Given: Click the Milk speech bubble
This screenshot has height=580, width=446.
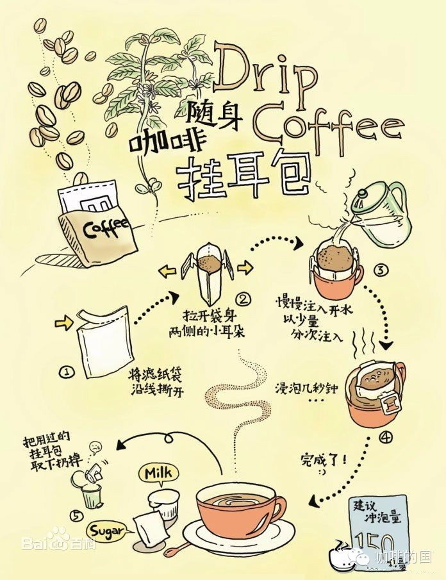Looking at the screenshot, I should (156, 474).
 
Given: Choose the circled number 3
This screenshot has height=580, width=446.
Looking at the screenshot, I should (379, 270).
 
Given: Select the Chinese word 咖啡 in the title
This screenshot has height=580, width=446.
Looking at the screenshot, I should (156, 137).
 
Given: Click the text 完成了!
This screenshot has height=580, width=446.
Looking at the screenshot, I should (323, 459).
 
